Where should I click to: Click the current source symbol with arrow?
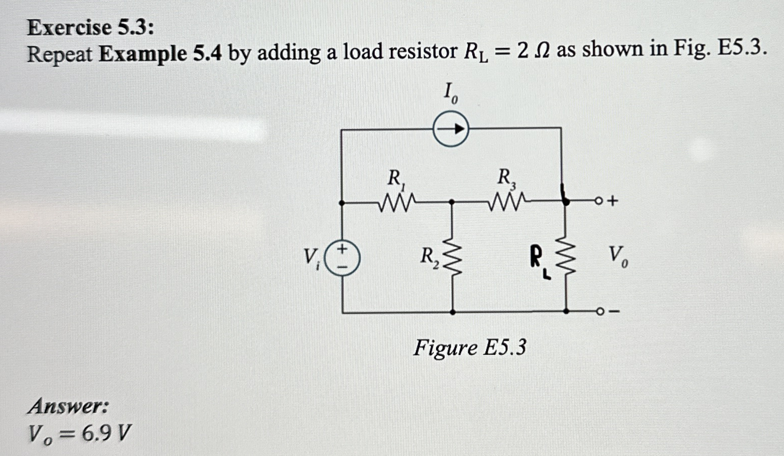(x=451, y=130)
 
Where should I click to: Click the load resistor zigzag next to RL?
(x=566, y=256)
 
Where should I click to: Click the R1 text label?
(x=395, y=178)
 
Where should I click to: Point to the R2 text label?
(x=429, y=257)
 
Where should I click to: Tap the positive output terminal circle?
(x=598, y=202)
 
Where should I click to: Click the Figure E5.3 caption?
(x=470, y=348)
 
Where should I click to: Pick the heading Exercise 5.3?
(x=91, y=27)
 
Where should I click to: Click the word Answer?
(x=68, y=406)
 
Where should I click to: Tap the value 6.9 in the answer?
(x=97, y=433)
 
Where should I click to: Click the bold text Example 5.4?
(x=160, y=53)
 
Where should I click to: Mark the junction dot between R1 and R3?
(x=452, y=202)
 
